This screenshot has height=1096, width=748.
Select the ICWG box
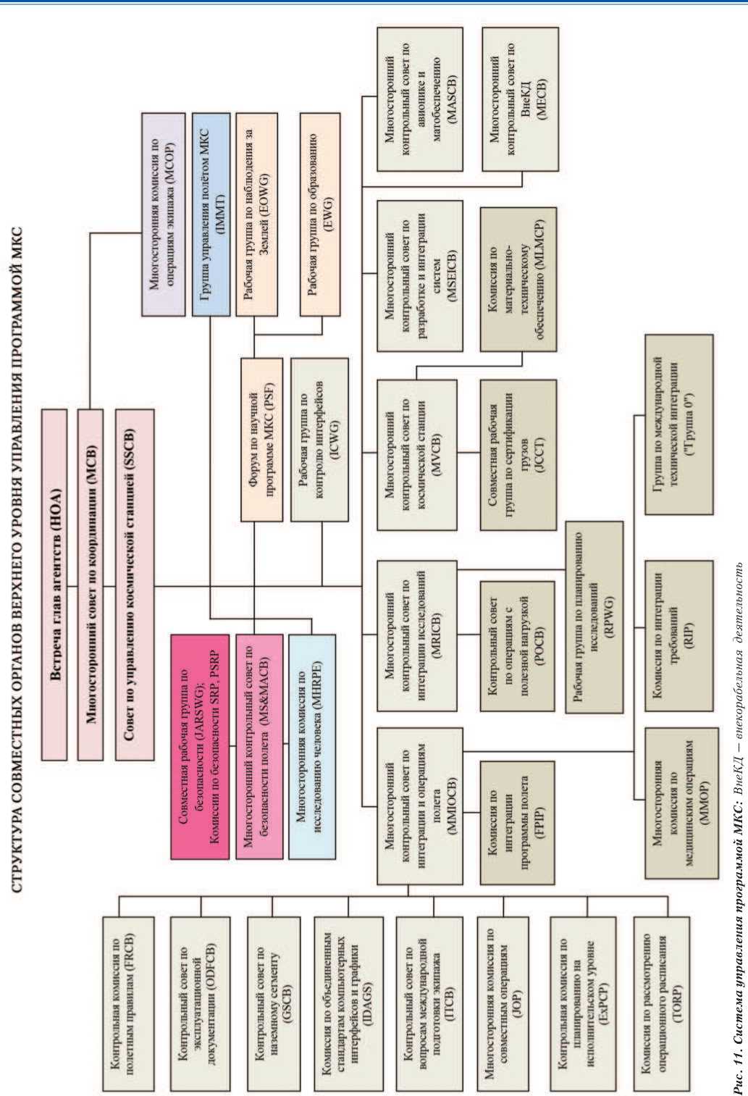click(319, 439)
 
